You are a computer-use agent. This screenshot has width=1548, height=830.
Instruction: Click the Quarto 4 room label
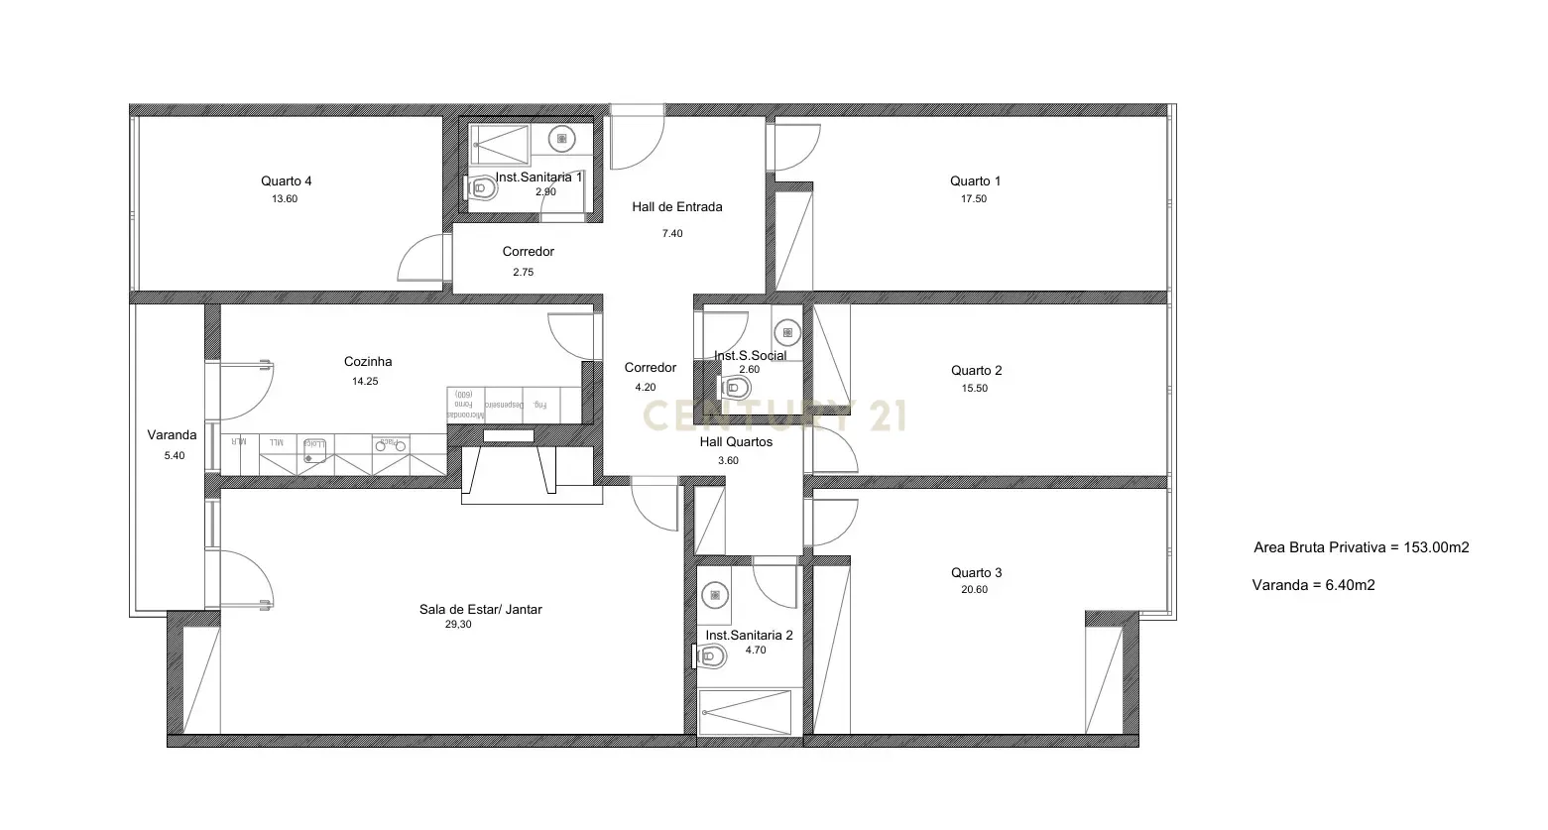tap(287, 180)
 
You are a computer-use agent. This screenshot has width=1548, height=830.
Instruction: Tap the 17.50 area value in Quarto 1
tap(975, 198)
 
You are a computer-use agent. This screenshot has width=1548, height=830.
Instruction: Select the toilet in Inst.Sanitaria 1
tap(482, 186)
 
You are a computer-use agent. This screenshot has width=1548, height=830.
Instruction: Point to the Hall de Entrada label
tap(677, 207)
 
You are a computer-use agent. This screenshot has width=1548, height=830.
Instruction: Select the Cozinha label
tap(368, 362)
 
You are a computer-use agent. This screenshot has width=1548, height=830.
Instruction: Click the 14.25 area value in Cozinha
tap(365, 381)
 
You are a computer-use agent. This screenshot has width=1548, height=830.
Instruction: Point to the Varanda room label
tap(172, 434)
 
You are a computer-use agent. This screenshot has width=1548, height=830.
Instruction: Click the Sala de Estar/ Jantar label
tap(480, 609)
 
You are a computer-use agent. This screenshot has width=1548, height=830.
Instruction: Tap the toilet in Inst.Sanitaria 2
tap(710, 654)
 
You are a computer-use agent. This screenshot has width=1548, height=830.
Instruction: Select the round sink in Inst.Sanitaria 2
tap(714, 595)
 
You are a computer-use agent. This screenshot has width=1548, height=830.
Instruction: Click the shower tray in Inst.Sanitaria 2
tap(746, 712)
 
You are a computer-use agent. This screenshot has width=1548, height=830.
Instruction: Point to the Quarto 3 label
tap(976, 572)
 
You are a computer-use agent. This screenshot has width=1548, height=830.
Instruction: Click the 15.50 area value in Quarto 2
tap(975, 388)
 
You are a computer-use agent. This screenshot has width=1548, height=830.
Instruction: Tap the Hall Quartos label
tap(736, 442)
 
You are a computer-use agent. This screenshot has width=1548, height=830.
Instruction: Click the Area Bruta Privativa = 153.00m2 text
tap(1361, 546)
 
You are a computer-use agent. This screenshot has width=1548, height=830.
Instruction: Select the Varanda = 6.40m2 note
tap(1313, 584)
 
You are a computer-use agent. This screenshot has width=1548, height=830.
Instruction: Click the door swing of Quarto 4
tap(421, 260)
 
